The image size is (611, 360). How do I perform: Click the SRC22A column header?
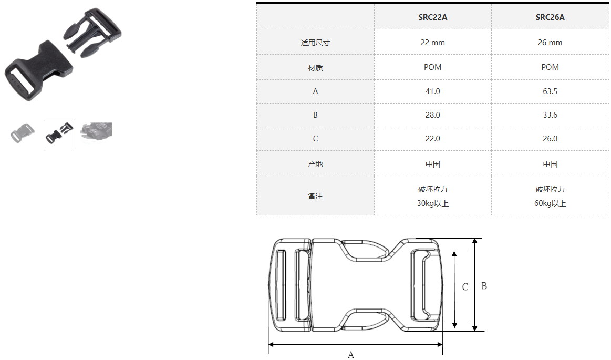coord(432,17)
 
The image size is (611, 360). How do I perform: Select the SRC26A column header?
coord(550,17)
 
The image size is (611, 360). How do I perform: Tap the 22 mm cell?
coord(432,43)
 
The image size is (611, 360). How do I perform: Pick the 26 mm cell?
coord(550,43)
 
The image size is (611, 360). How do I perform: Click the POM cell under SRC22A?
coord(432,67)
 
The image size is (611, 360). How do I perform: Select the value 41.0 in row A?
coord(432,91)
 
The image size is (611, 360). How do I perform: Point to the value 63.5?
coord(550,91)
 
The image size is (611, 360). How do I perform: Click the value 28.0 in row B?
coord(432,115)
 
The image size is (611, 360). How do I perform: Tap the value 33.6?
coord(550,115)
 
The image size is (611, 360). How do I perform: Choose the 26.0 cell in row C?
coord(550,139)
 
